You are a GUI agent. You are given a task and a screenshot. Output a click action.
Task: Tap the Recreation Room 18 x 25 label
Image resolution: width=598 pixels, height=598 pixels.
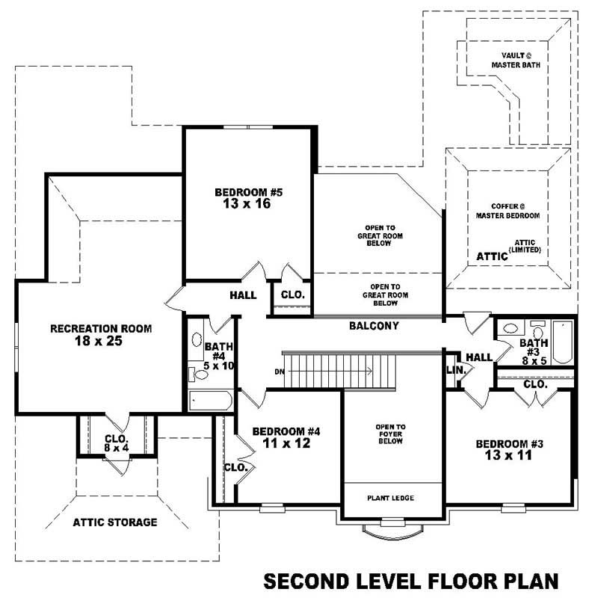click(x=101, y=334)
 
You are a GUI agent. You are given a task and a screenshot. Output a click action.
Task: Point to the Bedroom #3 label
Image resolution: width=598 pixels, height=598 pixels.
click(x=510, y=449)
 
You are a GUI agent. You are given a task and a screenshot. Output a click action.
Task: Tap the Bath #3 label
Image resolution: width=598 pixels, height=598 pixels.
click(x=534, y=348)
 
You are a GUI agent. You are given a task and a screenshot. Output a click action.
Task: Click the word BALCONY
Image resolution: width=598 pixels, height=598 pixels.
click(x=374, y=326)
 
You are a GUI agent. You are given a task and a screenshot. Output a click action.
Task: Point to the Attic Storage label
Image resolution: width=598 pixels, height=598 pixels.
click(x=114, y=522)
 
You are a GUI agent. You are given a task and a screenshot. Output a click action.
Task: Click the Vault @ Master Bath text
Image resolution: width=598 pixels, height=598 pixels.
click(x=515, y=60)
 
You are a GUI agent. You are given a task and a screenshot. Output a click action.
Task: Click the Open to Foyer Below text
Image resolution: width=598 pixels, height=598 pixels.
click(x=389, y=434)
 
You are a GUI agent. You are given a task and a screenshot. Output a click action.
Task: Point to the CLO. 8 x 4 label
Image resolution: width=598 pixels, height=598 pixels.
click(x=117, y=443)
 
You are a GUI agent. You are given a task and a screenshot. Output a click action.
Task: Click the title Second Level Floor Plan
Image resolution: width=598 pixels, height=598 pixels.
click(x=411, y=580)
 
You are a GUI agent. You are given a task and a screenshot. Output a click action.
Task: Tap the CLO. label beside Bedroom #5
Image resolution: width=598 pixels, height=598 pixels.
click(x=292, y=295)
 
